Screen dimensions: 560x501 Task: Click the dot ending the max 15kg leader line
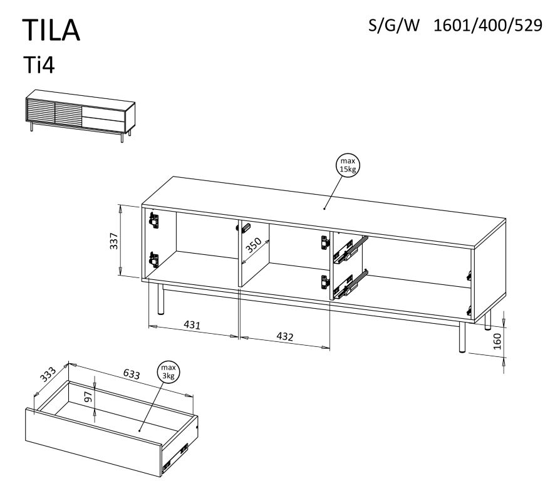[324, 209]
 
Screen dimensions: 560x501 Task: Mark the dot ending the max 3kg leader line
[140, 430]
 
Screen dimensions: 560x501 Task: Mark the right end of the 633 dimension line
[192, 396]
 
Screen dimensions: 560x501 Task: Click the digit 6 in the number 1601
[447, 25]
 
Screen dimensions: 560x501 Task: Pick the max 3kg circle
[168, 372]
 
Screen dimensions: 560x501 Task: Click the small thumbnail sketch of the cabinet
[80, 116]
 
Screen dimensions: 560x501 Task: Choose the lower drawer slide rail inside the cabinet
[350, 285]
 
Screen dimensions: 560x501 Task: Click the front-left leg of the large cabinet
[161, 299]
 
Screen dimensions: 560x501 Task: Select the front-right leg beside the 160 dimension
[462, 337]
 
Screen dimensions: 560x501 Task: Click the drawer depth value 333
[48, 374]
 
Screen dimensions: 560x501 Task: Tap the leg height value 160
[497, 341]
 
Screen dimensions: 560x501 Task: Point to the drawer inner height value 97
[88, 396]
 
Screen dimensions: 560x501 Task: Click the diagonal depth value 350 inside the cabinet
[254, 245]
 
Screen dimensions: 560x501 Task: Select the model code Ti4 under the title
[39, 65]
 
